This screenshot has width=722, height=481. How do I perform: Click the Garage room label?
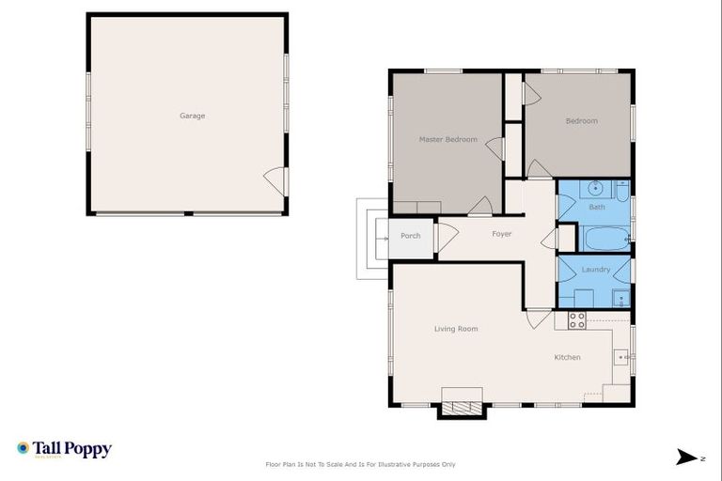(x=192, y=116)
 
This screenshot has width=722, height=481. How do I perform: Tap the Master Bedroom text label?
(x=447, y=140)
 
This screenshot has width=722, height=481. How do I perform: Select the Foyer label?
(x=502, y=234)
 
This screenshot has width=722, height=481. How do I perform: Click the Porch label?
(x=411, y=236)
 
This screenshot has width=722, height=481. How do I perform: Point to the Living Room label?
(x=456, y=329)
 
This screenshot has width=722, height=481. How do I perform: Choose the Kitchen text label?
(x=567, y=357)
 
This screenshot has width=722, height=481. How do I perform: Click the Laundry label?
(x=596, y=270)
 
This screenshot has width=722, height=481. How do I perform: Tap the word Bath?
(x=597, y=207)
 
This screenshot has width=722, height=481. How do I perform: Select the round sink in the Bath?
(x=596, y=189)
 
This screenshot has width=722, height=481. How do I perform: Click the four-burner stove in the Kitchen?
(x=576, y=320)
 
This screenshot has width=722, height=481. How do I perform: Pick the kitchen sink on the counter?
(x=621, y=357)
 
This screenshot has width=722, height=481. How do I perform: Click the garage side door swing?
(x=275, y=178)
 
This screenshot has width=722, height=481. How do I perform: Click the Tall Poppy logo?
(x=64, y=449)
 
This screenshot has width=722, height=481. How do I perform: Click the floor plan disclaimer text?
(x=361, y=464)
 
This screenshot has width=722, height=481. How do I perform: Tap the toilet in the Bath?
(x=622, y=193)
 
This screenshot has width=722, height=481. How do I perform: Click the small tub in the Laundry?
(x=620, y=300)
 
